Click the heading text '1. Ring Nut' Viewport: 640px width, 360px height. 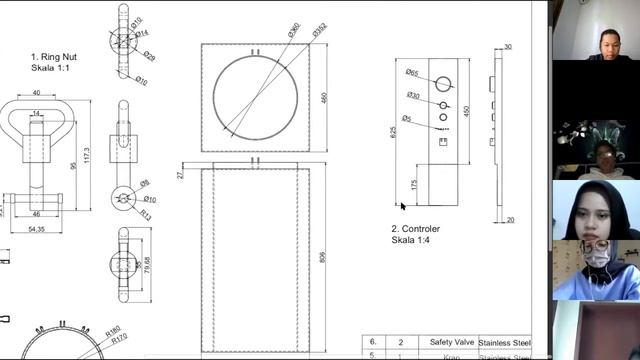(54, 57)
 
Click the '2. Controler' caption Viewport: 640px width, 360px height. (416, 228)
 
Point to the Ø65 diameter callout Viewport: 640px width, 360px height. (412, 72)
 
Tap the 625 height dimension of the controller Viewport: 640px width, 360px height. (394, 131)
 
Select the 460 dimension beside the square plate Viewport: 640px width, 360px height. (324, 98)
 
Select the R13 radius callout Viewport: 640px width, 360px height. (145, 214)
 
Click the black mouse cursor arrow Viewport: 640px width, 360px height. (402, 206)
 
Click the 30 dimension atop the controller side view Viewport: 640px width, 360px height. (508, 47)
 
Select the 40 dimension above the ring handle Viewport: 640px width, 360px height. (36, 93)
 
